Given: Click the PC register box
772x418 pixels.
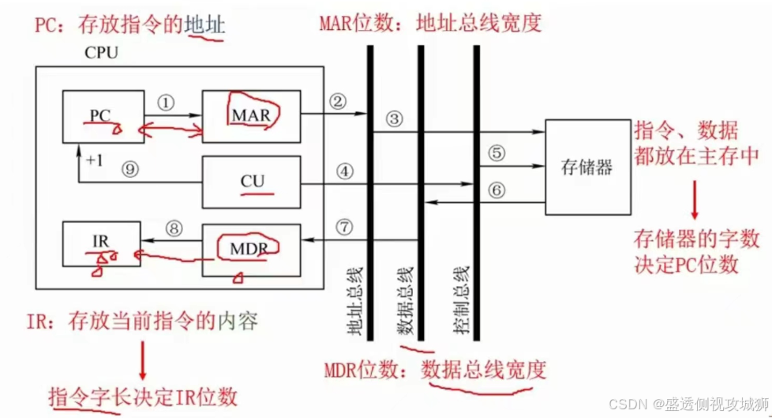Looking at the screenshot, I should (x=103, y=116).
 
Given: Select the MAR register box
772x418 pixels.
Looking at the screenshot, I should (x=251, y=115).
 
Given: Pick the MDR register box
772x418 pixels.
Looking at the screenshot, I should (x=251, y=249).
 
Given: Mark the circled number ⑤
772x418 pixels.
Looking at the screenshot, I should (x=496, y=154).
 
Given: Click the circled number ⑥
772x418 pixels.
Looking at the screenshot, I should (x=496, y=190).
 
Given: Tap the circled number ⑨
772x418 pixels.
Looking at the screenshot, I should (x=130, y=168).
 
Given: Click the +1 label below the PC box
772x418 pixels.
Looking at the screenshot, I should (x=94, y=160).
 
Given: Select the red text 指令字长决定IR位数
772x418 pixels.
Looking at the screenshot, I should (x=142, y=394).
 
